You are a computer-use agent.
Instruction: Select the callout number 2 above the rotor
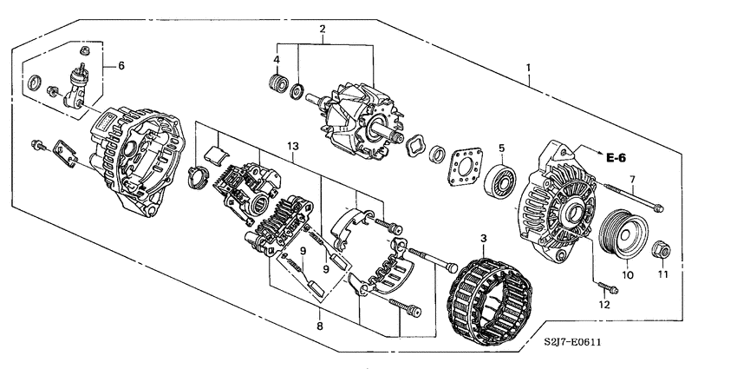tap(322, 30)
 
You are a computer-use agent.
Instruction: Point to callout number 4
tap(277, 59)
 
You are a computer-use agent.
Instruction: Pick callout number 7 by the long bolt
tap(632, 179)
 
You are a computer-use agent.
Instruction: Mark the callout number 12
tap(605, 305)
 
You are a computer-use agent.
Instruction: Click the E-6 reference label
tap(616, 157)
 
